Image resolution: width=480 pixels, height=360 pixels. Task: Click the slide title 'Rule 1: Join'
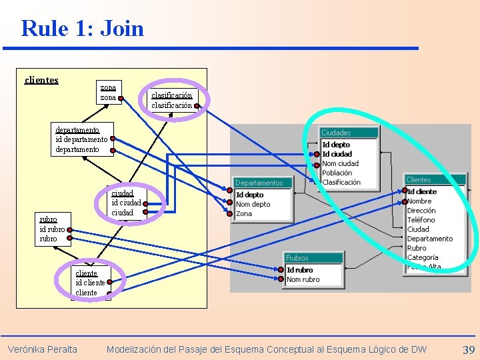(82, 29)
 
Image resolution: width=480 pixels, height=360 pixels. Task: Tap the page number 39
(468, 349)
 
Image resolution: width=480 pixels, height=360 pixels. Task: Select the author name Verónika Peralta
(42, 349)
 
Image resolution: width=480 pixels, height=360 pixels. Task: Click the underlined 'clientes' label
(41, 81)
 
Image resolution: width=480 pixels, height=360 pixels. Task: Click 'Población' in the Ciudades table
(337, 173)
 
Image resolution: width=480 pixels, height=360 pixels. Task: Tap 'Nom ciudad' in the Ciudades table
(340, 163)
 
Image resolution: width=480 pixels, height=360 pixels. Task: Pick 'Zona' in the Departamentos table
(244, 213)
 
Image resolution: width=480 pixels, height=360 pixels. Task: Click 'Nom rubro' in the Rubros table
(303, 279)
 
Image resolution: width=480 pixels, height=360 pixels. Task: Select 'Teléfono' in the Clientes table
(421, 220)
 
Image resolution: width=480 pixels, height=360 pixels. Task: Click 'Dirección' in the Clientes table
(421, 211)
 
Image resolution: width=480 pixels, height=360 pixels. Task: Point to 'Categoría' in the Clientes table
(423, 257)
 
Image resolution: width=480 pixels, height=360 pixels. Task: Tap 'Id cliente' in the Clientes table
(422, 192)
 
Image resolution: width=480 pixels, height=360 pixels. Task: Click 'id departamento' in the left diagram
(81, 139)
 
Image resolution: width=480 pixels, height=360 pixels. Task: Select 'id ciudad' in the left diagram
(126, 203)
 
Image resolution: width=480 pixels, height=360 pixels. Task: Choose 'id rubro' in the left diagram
(52, 229)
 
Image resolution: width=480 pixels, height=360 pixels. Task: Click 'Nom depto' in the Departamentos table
(253, 204)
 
